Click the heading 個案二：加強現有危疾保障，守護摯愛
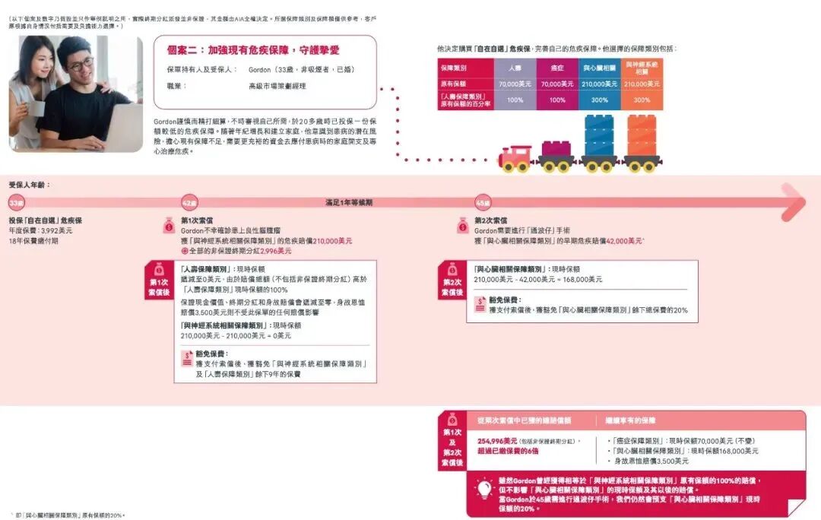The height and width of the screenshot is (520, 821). click(x=253, y=50)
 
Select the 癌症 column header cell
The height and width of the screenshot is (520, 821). click(x=557, y=68)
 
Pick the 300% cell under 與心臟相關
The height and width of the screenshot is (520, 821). click(x=599, y=100)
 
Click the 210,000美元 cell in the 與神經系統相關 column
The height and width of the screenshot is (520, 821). click(x=642, y=84)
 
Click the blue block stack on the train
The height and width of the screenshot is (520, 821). click(x=599, y=137)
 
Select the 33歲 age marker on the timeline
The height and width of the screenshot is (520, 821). click(x=17, y=203)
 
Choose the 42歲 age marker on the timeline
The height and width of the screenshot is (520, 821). click(x=189, y=203)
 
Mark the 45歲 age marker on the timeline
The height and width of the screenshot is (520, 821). click(x=483, y=203)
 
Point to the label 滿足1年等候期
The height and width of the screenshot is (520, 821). click(x=349, y=203)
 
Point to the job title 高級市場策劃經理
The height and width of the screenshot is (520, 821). click(x=277, y=87)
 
